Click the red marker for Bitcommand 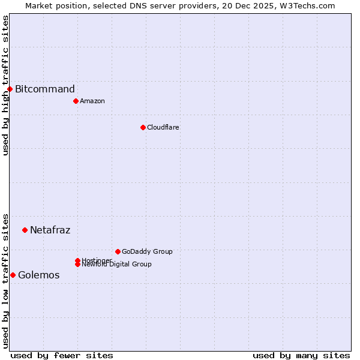[x=10, y=89]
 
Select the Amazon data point [x=76, y=101]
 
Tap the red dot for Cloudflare [x=143, y=127]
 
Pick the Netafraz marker [x=25, y=230]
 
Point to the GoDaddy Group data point [x=118, y=251]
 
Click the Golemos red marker [x=13, y=275]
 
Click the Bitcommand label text [x=45, y=89]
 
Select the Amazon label [x=92, y=101]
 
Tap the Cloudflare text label [x=163, y=127]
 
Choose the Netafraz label [x=50, y=230]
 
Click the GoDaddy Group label [x=147, y=251]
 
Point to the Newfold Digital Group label [x=117, y=265]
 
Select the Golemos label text [x=39, y=275]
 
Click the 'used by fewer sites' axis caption [x=62, y=355]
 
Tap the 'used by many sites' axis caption [x=301, y=355]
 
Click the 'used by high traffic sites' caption [x=5, y=85]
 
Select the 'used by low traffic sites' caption [x=5, y=280]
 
